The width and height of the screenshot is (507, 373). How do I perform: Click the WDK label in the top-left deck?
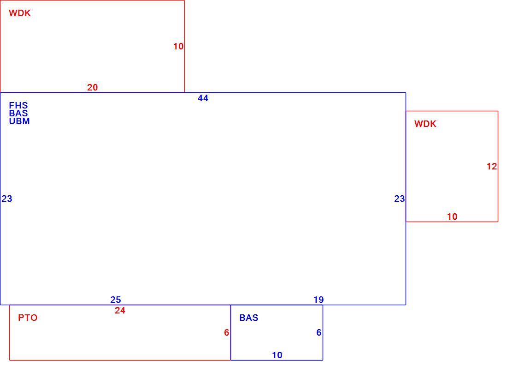click(x=20, y=13)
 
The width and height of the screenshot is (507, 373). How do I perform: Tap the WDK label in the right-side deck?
click(x=425, y=124)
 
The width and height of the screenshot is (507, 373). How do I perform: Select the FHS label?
click(x=18, y=105)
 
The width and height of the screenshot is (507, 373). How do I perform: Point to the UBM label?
click(x=19, y=121)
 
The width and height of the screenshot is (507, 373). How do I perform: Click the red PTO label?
click(x=28, y=318)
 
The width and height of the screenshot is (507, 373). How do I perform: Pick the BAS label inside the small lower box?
click(x=248, y=318)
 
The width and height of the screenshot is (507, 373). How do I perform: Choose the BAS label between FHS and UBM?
click(x=18, y=113)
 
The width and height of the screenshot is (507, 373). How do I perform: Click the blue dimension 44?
click(x=203, y=98)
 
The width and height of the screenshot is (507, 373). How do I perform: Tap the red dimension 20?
click(x=93, y=87)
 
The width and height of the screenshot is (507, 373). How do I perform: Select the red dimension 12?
click(x=492, y=167)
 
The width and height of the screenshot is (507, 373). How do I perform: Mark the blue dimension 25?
click(x=115, y=300)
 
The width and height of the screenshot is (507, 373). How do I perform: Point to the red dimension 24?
click(x=120, y=311)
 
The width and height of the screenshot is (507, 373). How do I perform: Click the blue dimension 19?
click(x=318, y=300)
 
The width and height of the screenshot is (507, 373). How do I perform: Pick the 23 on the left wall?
click(x=7, y=199)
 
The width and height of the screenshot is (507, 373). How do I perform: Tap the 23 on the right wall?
click(x=399, y=199)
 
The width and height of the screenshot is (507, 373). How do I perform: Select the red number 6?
click(x=227, y=332)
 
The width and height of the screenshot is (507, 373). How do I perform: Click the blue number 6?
click(x=319, y=332)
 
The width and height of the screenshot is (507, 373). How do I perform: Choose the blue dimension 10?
click(x=277, y=355)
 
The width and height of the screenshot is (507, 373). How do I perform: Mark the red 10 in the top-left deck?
click(x=178, y=47)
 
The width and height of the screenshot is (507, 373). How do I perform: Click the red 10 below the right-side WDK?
click(x=452, y=217)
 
